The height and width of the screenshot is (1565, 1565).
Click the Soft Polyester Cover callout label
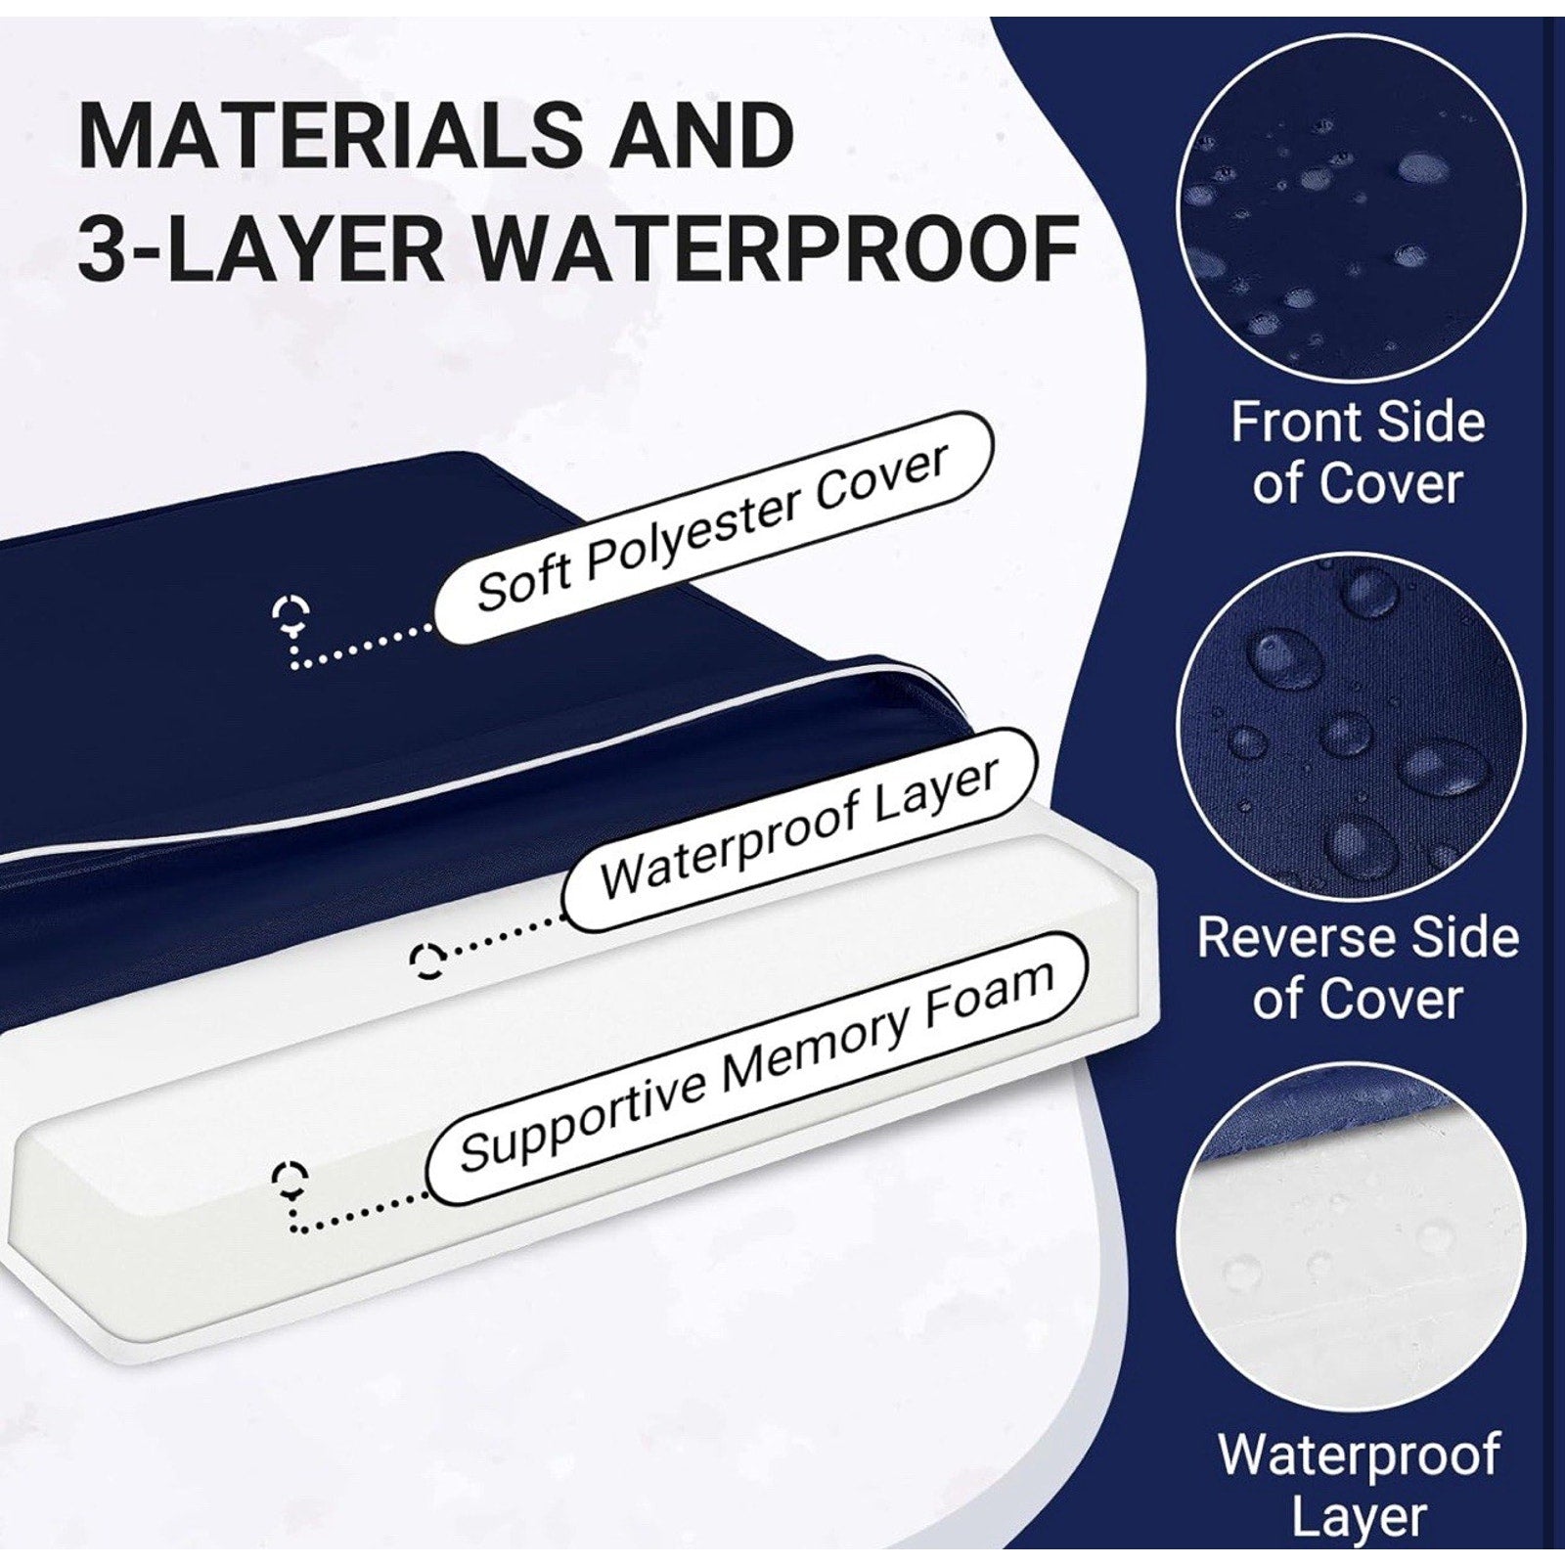pyautogui.click(x=713, y=527)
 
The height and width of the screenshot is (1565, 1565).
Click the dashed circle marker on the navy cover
pyautogui.click(x=291, y=614)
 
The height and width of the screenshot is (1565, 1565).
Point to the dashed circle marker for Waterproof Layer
pyautogui.click(x=428, y=961)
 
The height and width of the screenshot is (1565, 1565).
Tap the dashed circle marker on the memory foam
pyautogui.click(x=291, y=1181)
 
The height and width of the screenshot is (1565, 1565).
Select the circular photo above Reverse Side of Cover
pyautogui.click(x=1351, y=728)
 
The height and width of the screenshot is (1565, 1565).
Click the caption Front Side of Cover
pyautogui.click(x=1358, y=453)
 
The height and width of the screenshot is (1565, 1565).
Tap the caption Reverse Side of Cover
pyautogui.click(x=1358, y=967)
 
